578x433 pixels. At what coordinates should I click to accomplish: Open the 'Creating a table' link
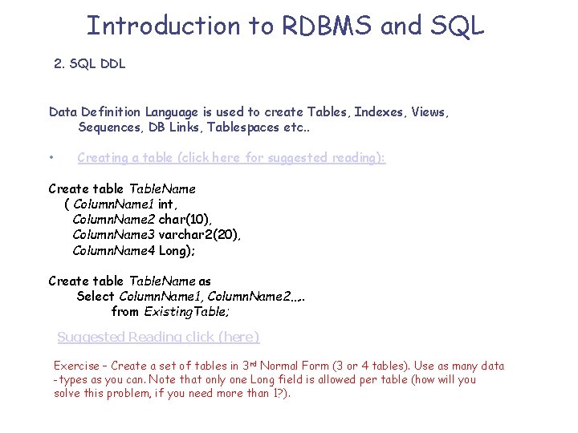coord(231,158)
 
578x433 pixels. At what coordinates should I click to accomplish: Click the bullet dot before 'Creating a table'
coord(51,158)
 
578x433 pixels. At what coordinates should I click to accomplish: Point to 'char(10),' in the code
coord(185,219)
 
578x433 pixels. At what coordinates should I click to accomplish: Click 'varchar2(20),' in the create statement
coord(200,235)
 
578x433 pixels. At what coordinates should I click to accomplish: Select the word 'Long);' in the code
coord(177,250)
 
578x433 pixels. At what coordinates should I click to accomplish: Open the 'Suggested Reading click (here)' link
coord(158,337)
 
